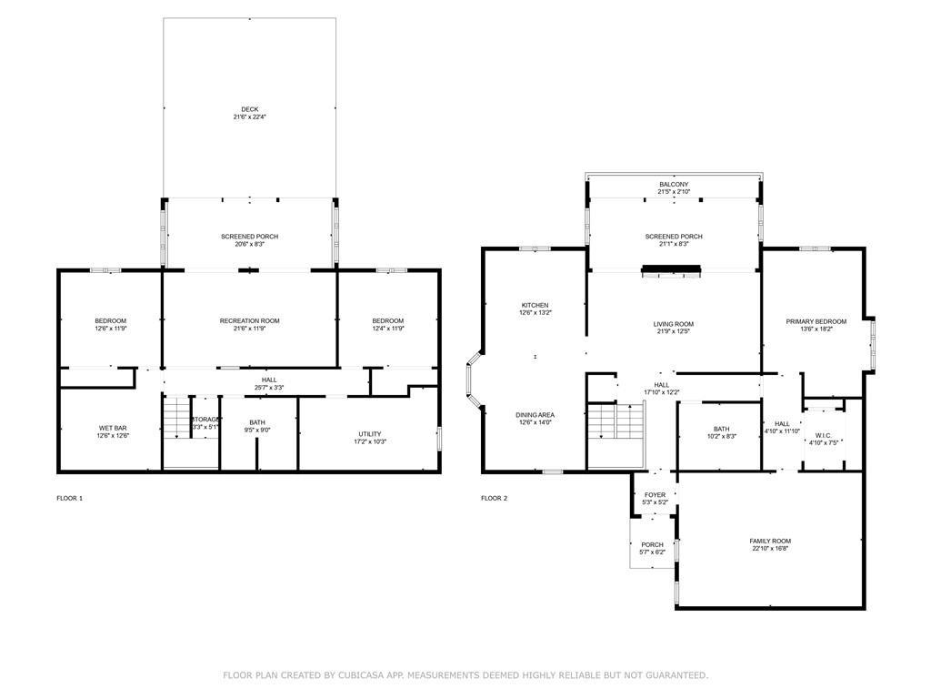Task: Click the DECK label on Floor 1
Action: pyautogui.click(x=249, y=109)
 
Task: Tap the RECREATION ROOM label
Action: pyautogui.click(x=249, y=320)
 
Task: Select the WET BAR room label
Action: pyautogui.click(x=114, y=428)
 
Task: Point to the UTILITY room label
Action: pyautogui.click(x=369, y=433)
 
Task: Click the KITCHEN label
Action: pyautogui.click(x=535, y=305)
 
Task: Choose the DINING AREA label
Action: pyautogui.click(x=535, y=414)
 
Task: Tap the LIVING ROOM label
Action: pyautogui.click(x=674, y=324)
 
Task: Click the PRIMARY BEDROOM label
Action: pyautogui.click(x=816, y=320)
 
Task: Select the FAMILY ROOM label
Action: pyautogui.click(x=770, y=541)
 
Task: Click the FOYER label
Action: pyautogui.click(x=655, y=495)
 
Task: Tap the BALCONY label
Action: pyautogui.click(x=674, y=185)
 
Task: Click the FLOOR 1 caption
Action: pyautogui.click(x=70, y=498)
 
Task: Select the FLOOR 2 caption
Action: pyautogui.click(x=494, y=498)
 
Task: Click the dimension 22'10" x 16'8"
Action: pyautogui.click(x=770, y=549)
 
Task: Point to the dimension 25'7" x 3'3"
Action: pyautogui.click(x=269, y=388)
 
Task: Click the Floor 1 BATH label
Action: pyautogui.click(x=256, y=422)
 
